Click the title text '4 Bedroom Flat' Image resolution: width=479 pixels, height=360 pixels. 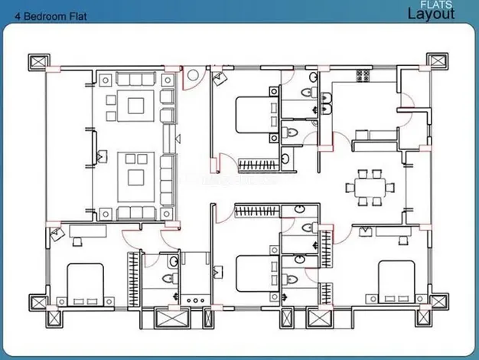51,16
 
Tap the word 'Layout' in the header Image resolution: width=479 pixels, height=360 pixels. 431,15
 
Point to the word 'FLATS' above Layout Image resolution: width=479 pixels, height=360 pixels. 436,5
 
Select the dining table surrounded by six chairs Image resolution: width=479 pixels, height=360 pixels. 370,188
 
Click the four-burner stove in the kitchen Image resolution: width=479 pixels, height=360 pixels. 363,76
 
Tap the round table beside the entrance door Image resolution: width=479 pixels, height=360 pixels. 193,75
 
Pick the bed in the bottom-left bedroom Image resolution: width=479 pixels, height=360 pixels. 85,284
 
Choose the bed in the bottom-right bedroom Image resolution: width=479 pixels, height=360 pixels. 396,282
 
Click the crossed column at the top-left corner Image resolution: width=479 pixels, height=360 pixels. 39,62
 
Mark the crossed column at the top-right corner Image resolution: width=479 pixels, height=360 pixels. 437,61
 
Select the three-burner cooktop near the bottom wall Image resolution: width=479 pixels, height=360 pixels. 196,301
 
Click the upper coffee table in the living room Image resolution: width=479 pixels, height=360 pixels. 136,106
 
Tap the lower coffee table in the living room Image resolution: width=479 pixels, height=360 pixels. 136,178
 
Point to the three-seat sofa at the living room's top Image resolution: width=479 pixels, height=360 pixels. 136,79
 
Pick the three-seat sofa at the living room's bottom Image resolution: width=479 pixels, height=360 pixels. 136,213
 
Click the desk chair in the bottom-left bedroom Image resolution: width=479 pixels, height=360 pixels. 77,241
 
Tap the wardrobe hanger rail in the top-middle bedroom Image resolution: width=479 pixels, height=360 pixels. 259,165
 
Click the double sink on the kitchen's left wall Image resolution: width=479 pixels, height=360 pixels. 326,104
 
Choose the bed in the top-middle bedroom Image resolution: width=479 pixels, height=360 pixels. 257,115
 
